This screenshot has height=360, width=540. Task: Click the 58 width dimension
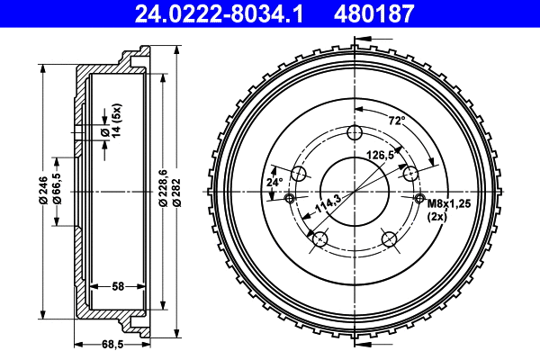coord(118,286)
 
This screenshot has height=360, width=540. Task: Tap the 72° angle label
coord(396,120)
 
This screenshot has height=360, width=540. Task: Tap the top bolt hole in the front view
coord(355,134)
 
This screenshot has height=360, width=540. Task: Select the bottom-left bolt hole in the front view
coord(319,238)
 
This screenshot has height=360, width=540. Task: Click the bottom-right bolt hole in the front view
coord(390,238)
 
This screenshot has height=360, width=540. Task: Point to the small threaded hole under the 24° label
coord(289,198)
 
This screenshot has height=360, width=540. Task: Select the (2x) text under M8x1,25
coord(438,217)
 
